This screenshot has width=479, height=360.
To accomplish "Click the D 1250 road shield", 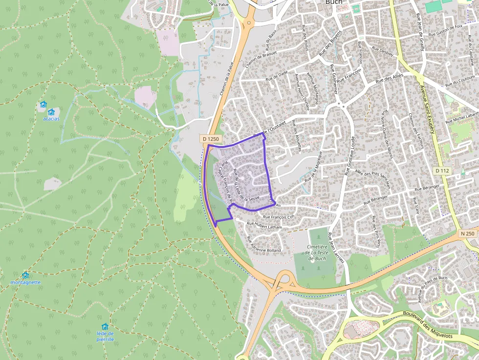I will [211, 139].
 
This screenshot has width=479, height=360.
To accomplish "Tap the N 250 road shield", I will [468, 233].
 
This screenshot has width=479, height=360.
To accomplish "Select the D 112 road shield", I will [441, 170].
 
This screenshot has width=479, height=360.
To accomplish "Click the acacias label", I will [51, 119].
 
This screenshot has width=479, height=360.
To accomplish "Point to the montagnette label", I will [25, 282].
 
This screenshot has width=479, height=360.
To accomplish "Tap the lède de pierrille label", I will [105, 336].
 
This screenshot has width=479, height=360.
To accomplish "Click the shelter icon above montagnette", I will [25, 275].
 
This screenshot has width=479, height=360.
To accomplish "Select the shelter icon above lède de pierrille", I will [105, 326].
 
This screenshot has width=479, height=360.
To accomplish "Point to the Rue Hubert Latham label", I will [264, 226].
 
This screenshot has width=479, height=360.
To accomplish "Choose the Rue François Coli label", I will [280, 217].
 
